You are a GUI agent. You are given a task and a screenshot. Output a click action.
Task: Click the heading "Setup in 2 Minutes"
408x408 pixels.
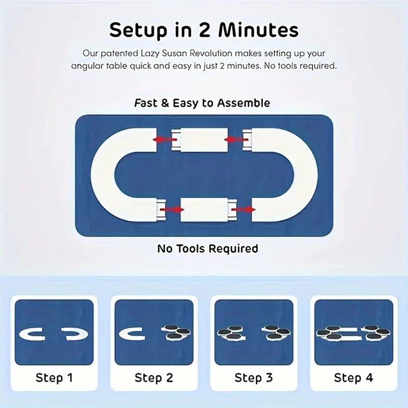click(x=204, y=30)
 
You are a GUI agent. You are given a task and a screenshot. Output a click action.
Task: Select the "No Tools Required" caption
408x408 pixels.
click(x=208, y=249)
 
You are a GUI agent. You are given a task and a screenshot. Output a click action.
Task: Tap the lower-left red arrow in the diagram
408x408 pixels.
click(x=172, y=209)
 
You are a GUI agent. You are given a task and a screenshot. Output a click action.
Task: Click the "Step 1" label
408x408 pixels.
click(x=54, y=378)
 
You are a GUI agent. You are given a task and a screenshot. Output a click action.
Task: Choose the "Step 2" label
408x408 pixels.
click(x=154, y=378)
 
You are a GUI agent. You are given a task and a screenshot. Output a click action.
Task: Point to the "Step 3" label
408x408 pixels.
click(x=254, y=378)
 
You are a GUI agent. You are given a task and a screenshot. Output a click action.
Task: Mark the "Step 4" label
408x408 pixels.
click(x=353, y=378)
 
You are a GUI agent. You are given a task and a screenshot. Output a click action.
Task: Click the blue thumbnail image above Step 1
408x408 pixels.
click(x=54, y=332)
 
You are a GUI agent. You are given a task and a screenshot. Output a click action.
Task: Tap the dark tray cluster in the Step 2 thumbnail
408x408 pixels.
click(x=175, y=333)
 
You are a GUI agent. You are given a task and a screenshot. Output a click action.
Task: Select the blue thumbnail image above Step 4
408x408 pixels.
click(x=353, y=332)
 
